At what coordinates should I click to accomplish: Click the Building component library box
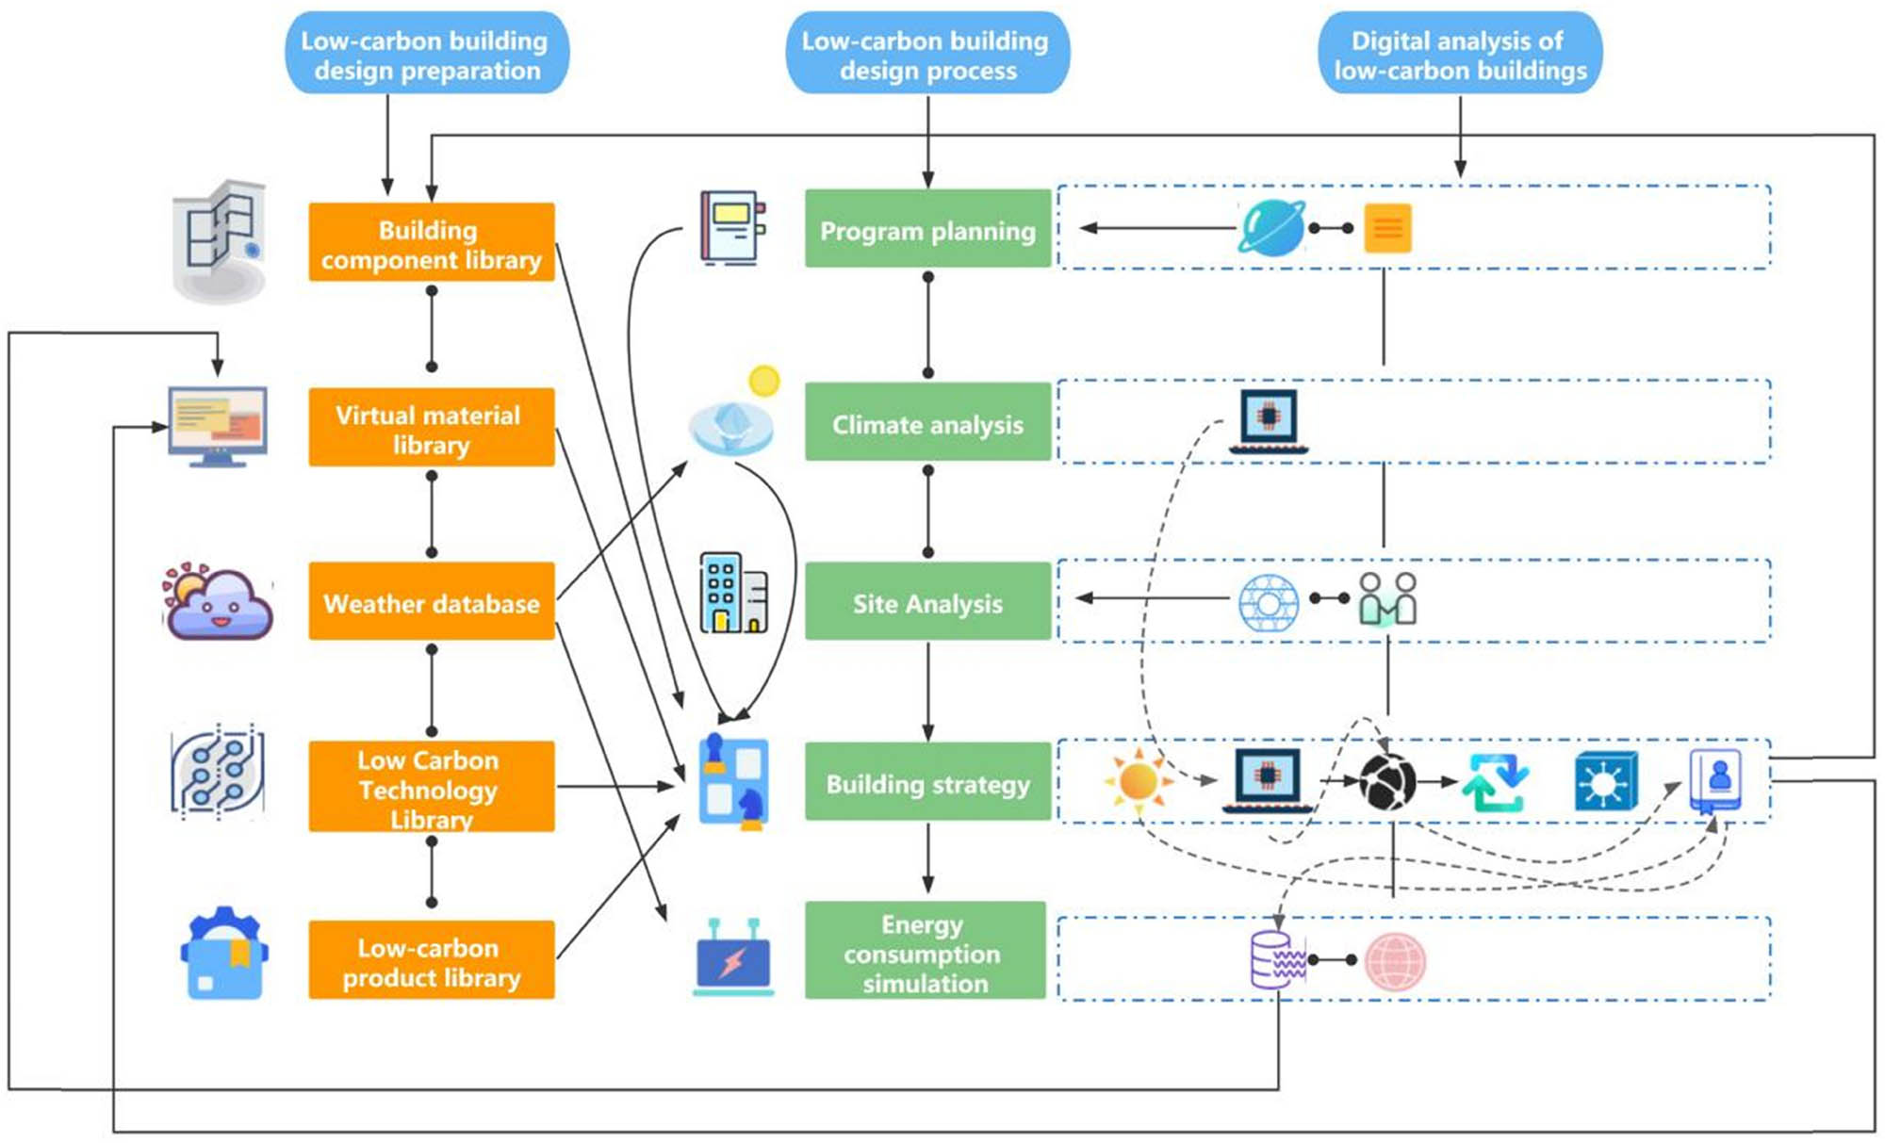click(x=431, y=242)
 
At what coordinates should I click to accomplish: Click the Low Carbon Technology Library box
click(x=431, y=786)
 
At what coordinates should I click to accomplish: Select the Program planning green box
click(x=927, y=229)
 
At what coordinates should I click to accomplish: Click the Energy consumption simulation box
click(x=925, y=951)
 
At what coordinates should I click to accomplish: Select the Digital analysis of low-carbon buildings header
click(x=1460, y=54)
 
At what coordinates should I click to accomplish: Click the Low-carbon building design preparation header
click(x=427, y=54)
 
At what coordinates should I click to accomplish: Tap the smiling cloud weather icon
click(x=218, y=602)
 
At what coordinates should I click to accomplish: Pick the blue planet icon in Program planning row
click(x=1271, y=228)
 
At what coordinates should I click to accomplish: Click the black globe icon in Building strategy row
click(x=1387, y=782)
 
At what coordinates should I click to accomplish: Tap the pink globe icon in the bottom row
click(x=1395, y=961)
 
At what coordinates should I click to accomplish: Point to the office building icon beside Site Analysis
click(x=733, y=593)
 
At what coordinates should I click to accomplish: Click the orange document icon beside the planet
click(x=1387, y=228)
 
